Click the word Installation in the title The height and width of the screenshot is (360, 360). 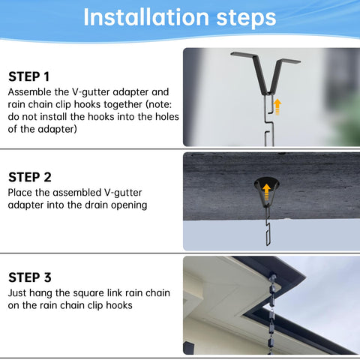point(146,17)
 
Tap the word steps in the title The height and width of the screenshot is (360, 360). point(246,19)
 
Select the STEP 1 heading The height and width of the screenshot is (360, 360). point(28,76)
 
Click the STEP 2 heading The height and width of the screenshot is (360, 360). point(30,177)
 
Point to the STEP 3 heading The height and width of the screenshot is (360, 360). point(30,277)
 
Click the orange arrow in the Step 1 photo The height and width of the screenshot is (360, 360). point(277,106)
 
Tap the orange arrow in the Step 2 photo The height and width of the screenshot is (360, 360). point(267,192)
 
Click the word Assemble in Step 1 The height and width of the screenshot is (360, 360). point(29,92)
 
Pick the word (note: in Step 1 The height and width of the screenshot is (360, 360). point(159,104)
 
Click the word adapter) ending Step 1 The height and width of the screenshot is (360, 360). point(57,130)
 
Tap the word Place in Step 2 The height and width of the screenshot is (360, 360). point(20,193)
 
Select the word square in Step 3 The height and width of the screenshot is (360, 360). point(85,293)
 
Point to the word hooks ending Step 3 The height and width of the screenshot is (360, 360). point(119,305)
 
